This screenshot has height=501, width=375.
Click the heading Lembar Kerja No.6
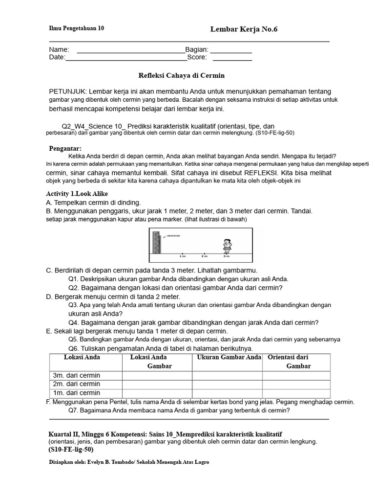point(244,29)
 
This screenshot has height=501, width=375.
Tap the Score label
point(197,57)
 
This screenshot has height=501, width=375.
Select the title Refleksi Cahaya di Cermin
point(182,76)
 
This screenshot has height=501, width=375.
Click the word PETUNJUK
point(67,91)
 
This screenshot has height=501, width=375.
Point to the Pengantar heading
point(65,148)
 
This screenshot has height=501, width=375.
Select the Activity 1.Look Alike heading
point(77,194)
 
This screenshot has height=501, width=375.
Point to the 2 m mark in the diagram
point(204,256)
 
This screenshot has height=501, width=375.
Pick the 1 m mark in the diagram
point(182,256)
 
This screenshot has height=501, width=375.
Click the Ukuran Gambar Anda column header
point(229,357)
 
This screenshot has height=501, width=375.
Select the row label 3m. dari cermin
point(76,375)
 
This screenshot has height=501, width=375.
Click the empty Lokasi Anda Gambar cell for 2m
point(157,384)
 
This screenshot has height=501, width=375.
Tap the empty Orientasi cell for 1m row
point(296,393)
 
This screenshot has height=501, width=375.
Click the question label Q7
point(74,410)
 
